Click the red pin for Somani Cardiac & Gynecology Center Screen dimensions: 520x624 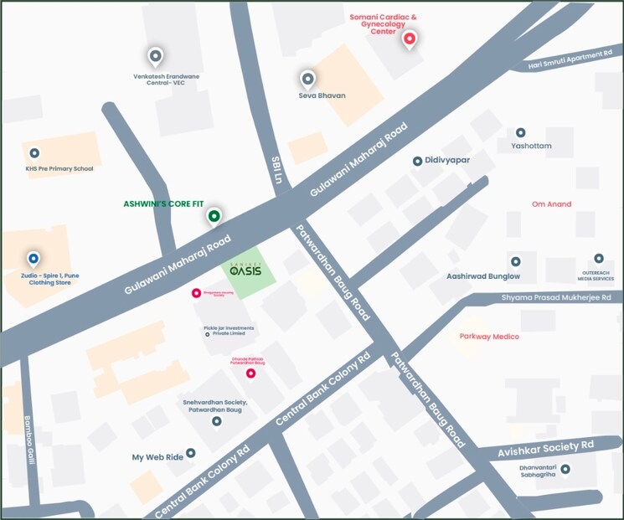[x=410, y=39]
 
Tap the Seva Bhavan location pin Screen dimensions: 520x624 [x=307, y=79]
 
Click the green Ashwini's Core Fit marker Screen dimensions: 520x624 [x=214, y=217]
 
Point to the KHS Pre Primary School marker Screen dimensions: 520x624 [x=34, y=153]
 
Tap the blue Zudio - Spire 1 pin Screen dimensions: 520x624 [x=34, y=259]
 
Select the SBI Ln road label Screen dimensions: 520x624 [x=276, y=169]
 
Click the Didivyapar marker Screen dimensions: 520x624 [x=417, y=161]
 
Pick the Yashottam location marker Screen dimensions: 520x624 [x=520, y=132]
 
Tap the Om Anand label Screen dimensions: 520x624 [x=551, y=204]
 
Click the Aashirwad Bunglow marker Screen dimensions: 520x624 [x=515, y=261]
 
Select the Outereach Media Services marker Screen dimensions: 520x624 [x=598, y=259]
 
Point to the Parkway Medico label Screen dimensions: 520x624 [x=489, y=337]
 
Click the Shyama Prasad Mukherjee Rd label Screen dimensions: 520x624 [x=555, y=297]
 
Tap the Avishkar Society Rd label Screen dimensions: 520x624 [x=545, y=444]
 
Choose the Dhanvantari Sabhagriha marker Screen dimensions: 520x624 [x=565, y=469]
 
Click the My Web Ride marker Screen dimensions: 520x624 [x=191, y=452]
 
